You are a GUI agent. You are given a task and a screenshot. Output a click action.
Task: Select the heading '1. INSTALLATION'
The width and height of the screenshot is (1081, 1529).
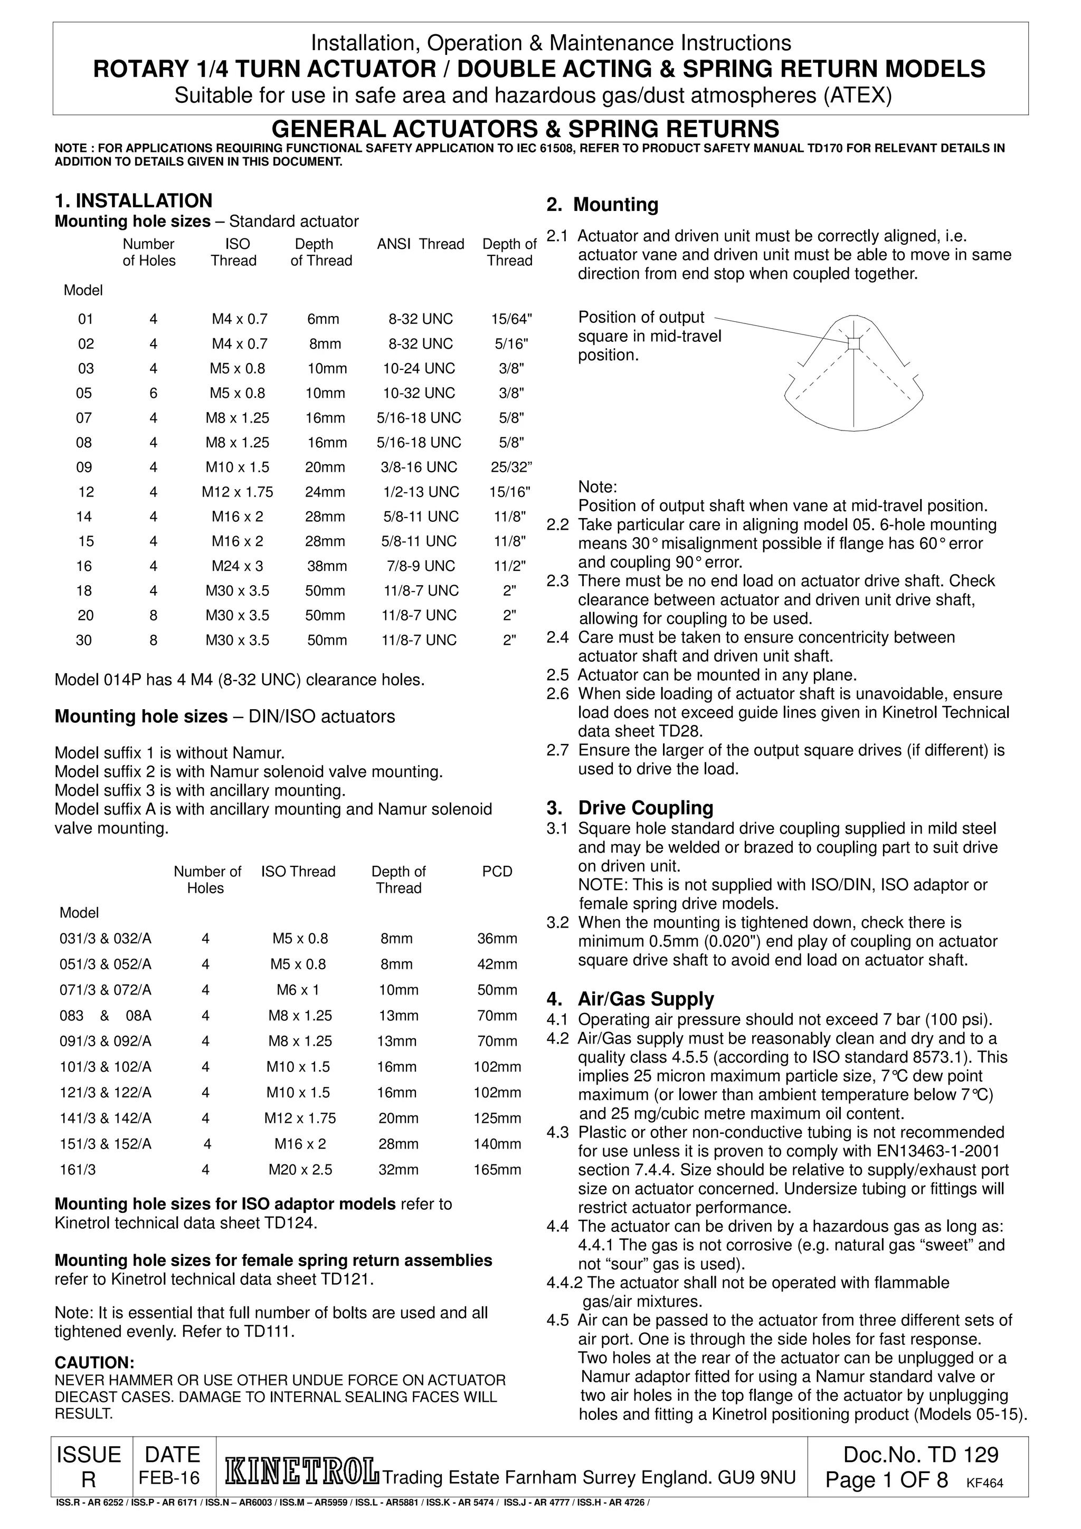tap(133, 200)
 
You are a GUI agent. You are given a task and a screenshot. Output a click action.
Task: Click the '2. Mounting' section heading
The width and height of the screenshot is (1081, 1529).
tap(602, 204)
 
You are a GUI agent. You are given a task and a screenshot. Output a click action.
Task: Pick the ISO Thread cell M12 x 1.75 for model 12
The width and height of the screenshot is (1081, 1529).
tap(237, 492)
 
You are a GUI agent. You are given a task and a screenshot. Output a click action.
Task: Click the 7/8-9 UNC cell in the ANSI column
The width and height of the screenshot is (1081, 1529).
tap(420, 566)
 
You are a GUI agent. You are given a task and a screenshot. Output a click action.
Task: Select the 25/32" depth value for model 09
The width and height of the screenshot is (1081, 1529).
tap(511, 467)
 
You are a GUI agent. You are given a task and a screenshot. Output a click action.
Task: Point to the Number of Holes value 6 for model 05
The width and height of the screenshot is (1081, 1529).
tap(153, 394)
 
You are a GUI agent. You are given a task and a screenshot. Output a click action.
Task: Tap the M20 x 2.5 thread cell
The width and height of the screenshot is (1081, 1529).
tap(300, 1169)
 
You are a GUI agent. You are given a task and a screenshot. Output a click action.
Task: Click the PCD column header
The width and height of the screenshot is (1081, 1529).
tap(497, 871)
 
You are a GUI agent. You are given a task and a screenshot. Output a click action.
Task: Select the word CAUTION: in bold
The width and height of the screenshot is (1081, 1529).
tap(94, 1363)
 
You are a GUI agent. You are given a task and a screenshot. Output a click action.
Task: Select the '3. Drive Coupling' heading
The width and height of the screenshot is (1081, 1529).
tap(629, 808)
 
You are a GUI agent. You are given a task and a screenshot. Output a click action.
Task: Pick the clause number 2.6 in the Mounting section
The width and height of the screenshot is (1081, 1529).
tap(557, 694)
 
